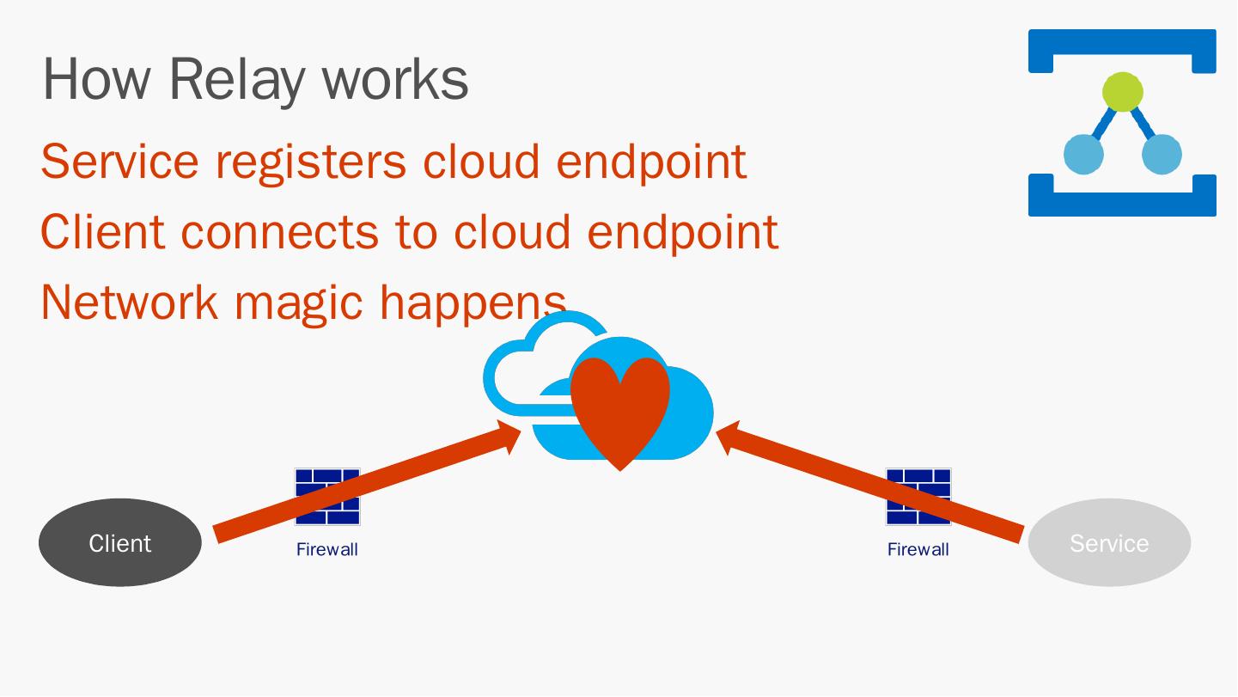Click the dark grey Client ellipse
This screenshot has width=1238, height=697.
pyautogui.click(x=120, y=542)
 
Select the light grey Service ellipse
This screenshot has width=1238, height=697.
pyautogui.click(x=1109, y=542)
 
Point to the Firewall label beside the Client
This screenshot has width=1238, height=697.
pyautogui.click(x=326, y=550)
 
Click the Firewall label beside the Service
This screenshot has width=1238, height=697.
pyautogui.click(x=918, y=550)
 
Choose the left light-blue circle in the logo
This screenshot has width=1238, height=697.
pyautogui.click(x=1083, y=155)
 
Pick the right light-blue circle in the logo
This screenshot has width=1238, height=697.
pyautogui.click(x=1162, y=155)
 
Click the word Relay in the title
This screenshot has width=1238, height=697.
pyautogui.click(x=236, y=79)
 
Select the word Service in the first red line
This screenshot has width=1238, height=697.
pyautogui.click(x=119, y=161)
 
